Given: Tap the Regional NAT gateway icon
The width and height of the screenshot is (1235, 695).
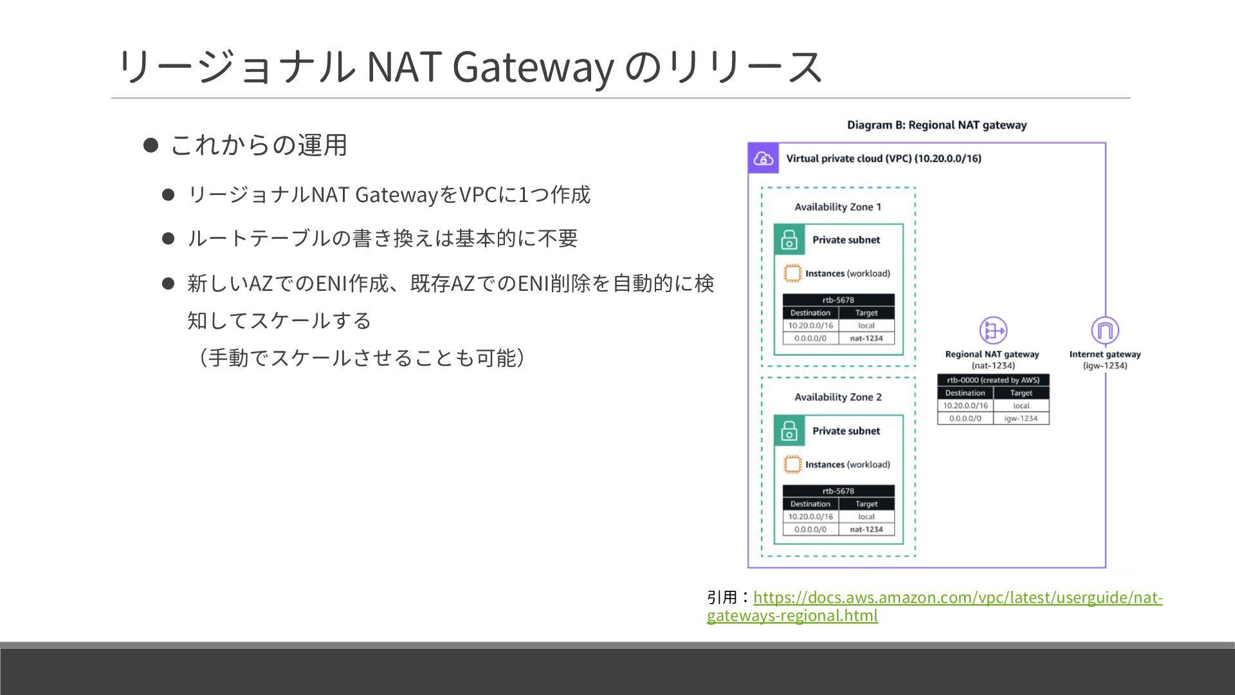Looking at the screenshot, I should tap(993, 331).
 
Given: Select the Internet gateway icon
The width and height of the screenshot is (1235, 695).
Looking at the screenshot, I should tap(1104, 331).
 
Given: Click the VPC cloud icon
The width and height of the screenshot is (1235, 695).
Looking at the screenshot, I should tap(764, 158).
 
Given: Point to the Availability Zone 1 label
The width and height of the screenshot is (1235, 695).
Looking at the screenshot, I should tap(837, 207).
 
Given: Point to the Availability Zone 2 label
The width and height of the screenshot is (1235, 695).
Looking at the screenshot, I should tap(837, 398).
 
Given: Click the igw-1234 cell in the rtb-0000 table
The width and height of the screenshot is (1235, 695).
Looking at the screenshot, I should tap(1021, 418).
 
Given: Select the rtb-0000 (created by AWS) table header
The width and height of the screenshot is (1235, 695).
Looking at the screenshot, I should tap(993, 380).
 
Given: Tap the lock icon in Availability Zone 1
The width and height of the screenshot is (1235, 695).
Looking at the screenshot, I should tap(789, 240).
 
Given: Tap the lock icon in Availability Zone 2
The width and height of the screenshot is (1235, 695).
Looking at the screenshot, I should tap(789, 431).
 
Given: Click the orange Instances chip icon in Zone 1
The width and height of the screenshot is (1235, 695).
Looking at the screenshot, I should tap(792, 273).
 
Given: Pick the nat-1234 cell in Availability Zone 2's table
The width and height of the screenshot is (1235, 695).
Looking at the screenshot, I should tap(866, 530).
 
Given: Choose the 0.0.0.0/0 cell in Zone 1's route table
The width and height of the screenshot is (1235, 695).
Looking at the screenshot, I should tap(810, 338).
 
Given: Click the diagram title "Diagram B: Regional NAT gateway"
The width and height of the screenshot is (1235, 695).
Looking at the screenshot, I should tap(937, 125).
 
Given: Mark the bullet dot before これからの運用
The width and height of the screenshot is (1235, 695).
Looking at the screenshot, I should tap(151, 145).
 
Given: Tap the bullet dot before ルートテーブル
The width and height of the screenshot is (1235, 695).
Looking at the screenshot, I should tap(169, 239).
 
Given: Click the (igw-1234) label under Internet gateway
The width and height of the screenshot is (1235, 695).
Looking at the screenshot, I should tap(1104, 366).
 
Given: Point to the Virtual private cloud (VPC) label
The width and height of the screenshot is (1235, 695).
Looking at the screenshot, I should tap(883, 159).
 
